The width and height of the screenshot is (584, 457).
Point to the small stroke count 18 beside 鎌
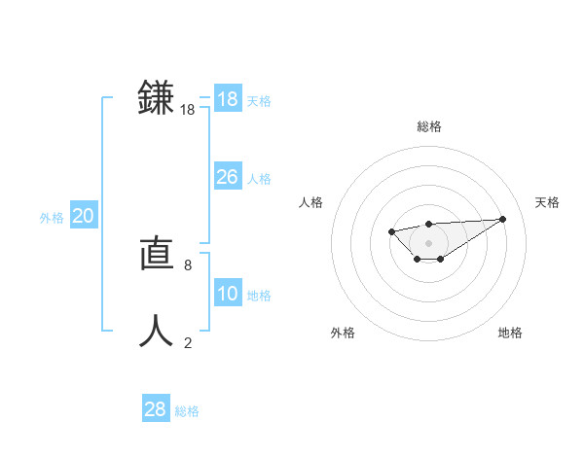tap(188, 111)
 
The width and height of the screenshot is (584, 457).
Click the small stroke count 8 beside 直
tap(187, 264)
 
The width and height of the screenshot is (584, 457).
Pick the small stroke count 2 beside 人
tap(187, 342)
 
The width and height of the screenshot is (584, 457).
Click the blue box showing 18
tap(228, 99)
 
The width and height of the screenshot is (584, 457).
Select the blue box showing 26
tap(228, 177)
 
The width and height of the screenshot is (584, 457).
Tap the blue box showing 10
tap(228, 294)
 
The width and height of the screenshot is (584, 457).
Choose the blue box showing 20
tap(84, 216)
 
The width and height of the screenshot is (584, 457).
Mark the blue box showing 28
tap(156, 409)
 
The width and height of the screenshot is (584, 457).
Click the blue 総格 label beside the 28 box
tap(187, 411)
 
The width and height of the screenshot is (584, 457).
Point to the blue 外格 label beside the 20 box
tap(52, 218)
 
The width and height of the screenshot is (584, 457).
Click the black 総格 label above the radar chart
tap(429, 126)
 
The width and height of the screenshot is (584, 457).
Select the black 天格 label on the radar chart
tap(547, 202)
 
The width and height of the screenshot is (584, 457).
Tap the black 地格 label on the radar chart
tap(510, 333)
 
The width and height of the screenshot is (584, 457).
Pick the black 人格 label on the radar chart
tap(311, 202)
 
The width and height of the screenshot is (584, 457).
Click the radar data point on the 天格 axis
tap(502, 219)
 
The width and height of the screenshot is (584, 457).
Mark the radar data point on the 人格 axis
tap(391, 231)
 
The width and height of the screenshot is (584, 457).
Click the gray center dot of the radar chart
tap(429, 242)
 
